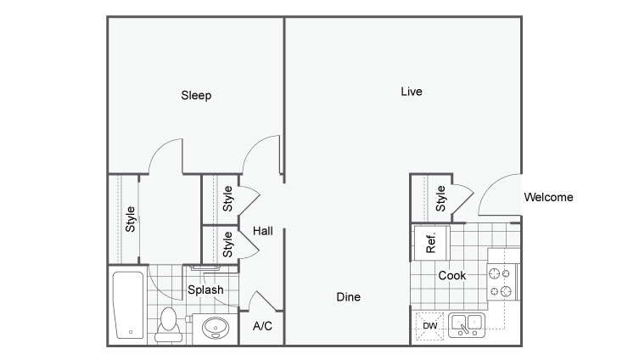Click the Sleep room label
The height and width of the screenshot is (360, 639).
tap(196, 95)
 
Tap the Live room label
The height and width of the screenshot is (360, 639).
tap(412, 92)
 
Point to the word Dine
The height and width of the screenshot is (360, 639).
tap(349, 297)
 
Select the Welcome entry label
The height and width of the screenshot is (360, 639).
tap(548, 197)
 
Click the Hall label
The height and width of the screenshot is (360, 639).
tap(263, 231)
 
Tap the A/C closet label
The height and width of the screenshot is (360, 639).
tap(262, 326)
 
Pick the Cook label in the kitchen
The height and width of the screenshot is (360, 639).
tap(452, 276)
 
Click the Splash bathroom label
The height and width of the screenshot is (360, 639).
tap(205, 290)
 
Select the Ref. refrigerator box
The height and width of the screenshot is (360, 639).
tap(431, 243)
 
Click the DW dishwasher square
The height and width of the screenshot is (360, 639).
tap(429, 326)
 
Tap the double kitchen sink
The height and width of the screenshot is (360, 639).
tap(467, 325)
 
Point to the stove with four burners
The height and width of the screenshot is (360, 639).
tap(502, 282)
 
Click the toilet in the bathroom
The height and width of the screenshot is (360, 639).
tap(168, 325)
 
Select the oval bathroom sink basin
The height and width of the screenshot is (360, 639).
tap(216, 328)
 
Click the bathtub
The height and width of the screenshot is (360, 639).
tap(128, 305)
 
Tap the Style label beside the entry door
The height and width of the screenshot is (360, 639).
tap(440, 199)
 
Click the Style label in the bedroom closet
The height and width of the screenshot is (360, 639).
tap(130, 219)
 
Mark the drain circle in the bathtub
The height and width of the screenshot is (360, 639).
tap(131, 332)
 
